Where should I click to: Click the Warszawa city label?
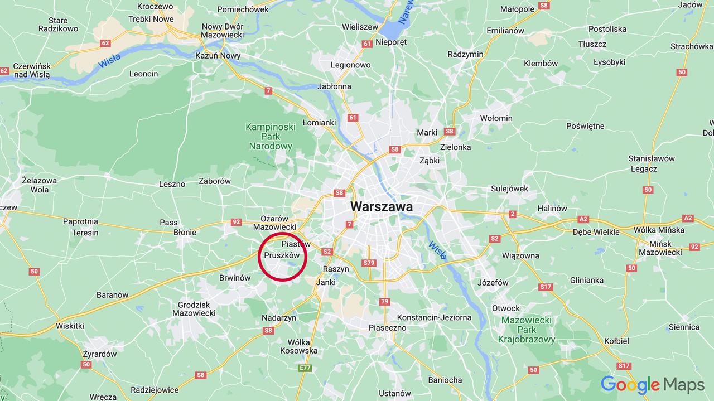click(x=382, y=206)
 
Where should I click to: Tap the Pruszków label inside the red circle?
click(x=282, y=255)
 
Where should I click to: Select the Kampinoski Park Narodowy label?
click(x=270, y=137)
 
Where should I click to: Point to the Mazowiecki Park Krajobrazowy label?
click(x=526, y=330)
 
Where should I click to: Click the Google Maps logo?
click(x=652, y=385)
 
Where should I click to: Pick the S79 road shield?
click(x=368, y=263)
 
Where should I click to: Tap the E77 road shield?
click(x=305, y=368)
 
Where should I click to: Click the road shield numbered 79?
click(x=384, y=302)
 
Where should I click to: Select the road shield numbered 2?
click(x=513, y=214)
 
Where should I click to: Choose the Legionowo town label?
click(x=350, y=65)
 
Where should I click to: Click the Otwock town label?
click(x=505, y=308)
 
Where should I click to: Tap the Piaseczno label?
click(x=387, y=328)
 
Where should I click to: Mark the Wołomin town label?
click(x=496, y=118)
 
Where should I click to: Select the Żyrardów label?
click(x=99, y=354)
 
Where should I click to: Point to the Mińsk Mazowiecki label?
click(x=660, y=248)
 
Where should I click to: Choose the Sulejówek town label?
click(x=509, y=189)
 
